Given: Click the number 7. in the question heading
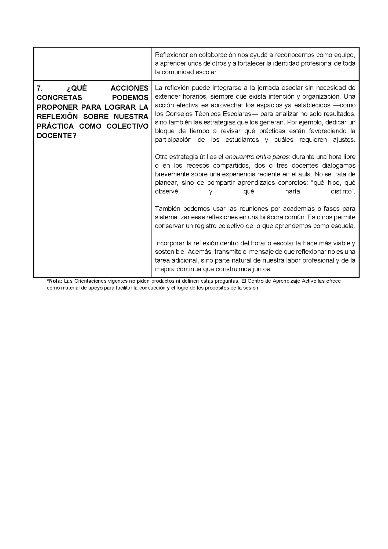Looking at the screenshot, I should click(40, 88).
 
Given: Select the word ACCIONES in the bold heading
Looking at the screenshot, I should click(129, 88).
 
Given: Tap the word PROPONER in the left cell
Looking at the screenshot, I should click(55, 107).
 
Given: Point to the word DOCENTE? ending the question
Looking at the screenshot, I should click(57, 136).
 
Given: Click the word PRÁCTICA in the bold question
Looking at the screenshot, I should click(55, 126).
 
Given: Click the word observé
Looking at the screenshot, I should click(166, 191).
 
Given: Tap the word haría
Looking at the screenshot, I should click(293, 191).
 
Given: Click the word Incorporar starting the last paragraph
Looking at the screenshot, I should click(170, 243).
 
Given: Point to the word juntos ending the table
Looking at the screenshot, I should click(261, 269).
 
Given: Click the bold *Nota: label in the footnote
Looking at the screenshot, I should click(55, 281).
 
